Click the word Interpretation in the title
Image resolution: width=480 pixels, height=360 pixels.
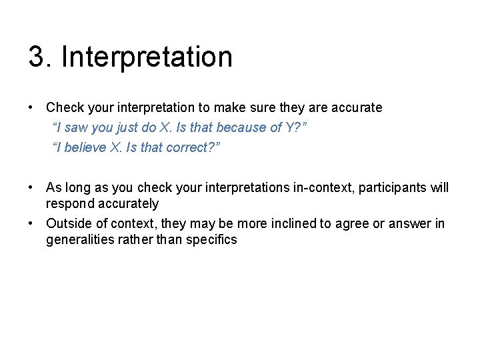coord(147,57)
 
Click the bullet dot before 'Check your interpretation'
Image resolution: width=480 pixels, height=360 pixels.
coord(31,107)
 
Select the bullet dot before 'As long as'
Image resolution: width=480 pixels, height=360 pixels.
coord(31,187)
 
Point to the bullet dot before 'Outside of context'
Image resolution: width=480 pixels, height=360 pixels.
coord(31,223)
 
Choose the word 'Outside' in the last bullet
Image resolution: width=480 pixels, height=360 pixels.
coord(69,223)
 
